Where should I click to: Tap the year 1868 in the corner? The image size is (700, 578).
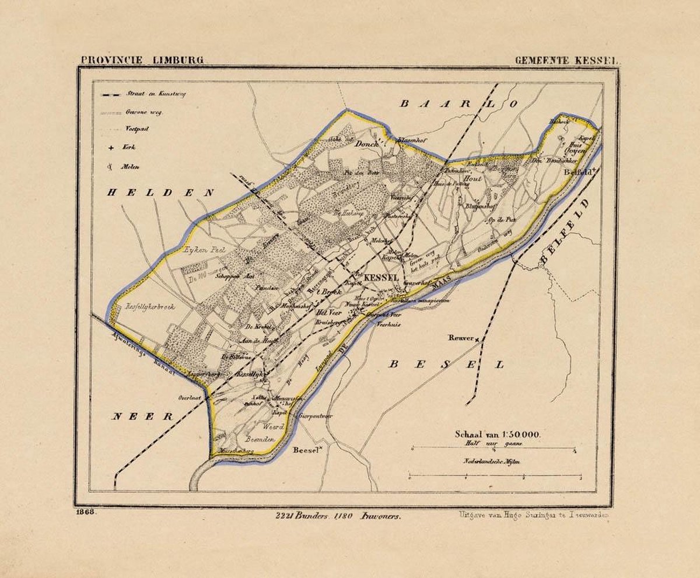coord(85,512)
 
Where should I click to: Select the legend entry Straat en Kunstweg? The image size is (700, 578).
coord(154,94)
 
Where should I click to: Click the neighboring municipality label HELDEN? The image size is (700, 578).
coord(160,192)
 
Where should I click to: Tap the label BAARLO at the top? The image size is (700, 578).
coord(458,104)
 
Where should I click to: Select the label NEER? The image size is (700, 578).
coord(143,416)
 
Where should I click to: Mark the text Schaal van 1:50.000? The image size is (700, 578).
coord(498,434)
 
